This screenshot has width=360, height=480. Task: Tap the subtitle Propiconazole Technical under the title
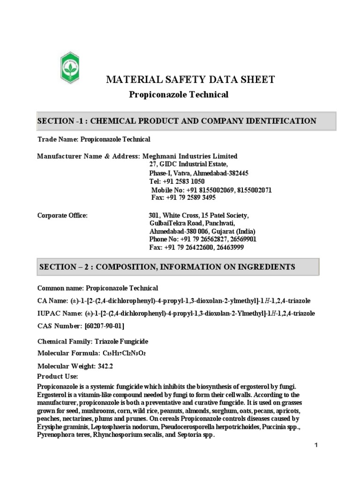pyautogui.click(x=178, y=95)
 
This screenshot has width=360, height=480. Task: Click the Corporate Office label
pyautogui.click(x=62, y=215)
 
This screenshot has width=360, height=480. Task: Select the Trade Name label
pyautogui.click(x=58, y=139)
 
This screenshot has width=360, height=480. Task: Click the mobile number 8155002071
pyautogui.click(x=254, y=190)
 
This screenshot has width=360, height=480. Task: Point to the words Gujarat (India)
pyautogui.click(x=234, y=232)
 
